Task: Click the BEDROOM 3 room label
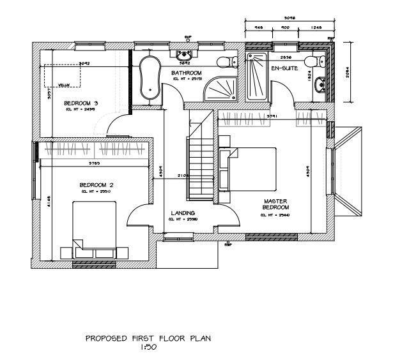click(x=81, y=103)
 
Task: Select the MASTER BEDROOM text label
click(x=276, y=204)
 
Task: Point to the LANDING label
click(x=182, y=213)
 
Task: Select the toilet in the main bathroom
click(x=226, y=62)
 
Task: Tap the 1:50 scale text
click(x=149, y=348)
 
